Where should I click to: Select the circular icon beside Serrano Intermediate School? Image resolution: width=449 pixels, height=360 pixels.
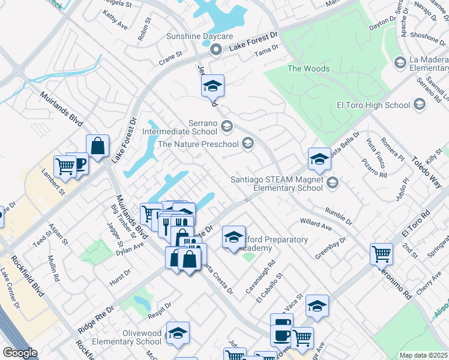tap(227, 126)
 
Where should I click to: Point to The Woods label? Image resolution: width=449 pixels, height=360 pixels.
tap(309, 68)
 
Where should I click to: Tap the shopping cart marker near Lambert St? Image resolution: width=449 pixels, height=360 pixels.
tap(65, 166)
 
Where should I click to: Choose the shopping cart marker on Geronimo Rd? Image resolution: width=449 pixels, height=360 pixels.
tap(381, 253)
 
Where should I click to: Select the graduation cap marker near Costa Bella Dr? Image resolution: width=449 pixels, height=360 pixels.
tap(319, 158)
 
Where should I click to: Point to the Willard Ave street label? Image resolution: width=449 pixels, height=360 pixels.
tap(316, 224)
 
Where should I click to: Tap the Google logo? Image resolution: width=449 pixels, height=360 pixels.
tap(20, 353)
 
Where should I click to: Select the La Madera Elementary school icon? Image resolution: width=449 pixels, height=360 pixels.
tap(400, 62)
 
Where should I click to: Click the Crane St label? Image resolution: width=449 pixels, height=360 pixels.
tap(170, 56)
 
